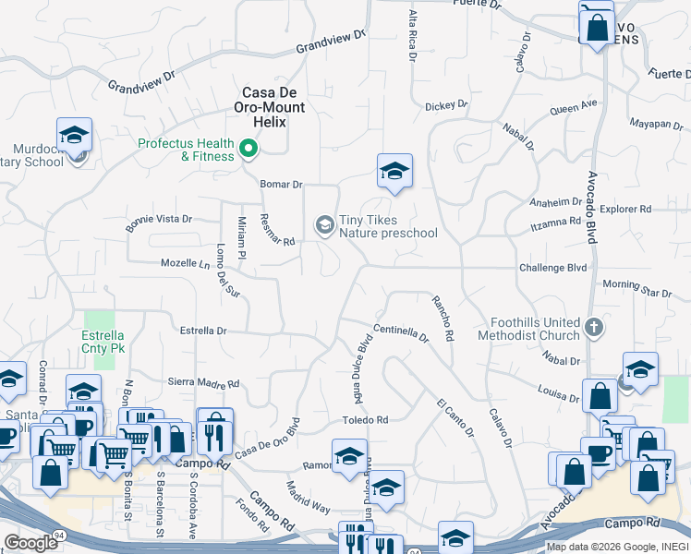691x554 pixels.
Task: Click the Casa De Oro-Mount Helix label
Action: click(x=273, y=106)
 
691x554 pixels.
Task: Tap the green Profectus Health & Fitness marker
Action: click(x=248, y=148)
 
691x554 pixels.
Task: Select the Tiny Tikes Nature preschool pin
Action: click(x=324, y=224)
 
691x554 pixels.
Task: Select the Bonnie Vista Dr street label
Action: click(x=159, y=220)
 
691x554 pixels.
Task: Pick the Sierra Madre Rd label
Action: click(x=203, y=382)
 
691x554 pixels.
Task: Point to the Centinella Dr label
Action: click(x=401, y=332)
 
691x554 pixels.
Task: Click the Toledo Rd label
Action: click(x=366, y=420)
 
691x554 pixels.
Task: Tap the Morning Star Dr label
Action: click(x=636, y=288)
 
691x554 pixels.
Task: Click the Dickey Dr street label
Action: click(x=446, y=106)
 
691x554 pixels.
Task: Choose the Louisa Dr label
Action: click(x=558, y=394)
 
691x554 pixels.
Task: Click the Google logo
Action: click(x=30, y=542)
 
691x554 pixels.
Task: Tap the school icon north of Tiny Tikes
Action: click(x=394, y=171)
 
